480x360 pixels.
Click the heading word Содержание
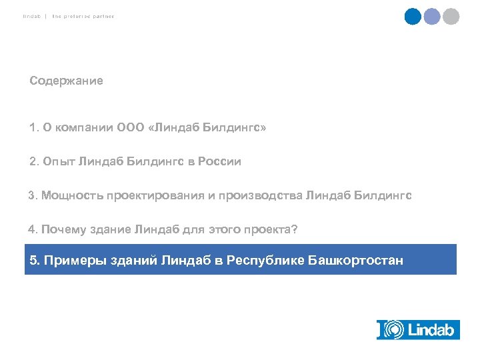(66, 81)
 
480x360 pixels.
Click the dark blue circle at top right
(413, 17)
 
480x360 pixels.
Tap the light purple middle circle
(432, 17)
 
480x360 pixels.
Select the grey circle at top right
(451, 17)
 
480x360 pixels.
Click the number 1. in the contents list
(35, 127)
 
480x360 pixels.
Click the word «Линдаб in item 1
(173, 127)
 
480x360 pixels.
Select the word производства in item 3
(265, 196)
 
